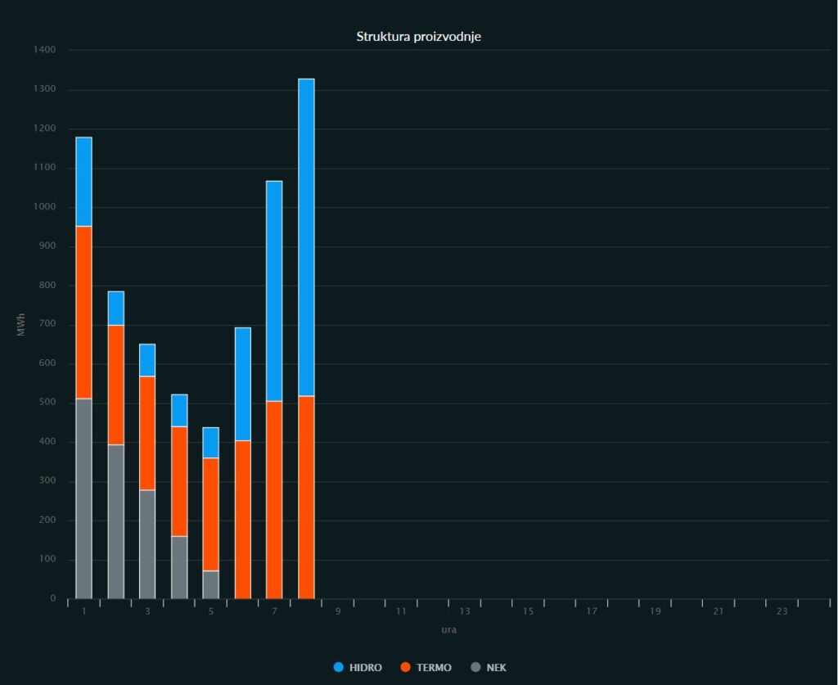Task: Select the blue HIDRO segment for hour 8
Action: pyautogui.click(x=306, y=237)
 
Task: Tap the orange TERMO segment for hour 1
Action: pyautogui.click(x=83, y=312)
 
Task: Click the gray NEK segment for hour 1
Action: pyautogui.click(x=83, y=498)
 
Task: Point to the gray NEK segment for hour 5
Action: pyautogui.click(x=210, y=584)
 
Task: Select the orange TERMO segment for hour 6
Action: pyautogui.click(x=242, y=519)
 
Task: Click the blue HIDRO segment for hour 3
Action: pyautogui.click(x=147, y=360)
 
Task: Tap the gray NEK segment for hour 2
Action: pyautogui.click(x=115, y=521)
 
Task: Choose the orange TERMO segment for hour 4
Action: pyautogui.click(x=179, y=481)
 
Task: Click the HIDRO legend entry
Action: pyautogui.click(x=358, y=668)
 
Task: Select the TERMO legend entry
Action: pyautogui.click(x=426, y=668)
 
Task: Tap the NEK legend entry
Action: pyautogui.click(x=489, y=668)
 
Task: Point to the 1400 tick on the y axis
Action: pyautogui.click(x=46, y=51)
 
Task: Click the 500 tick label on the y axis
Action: pyautogui.click(x=48, y=403)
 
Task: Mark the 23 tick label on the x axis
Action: pyautogui.click(x=782, y=612)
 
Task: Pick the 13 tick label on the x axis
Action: pyautogui.click(x=465, y=612)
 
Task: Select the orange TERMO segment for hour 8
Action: pyautogui.click(x=306, y=497)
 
